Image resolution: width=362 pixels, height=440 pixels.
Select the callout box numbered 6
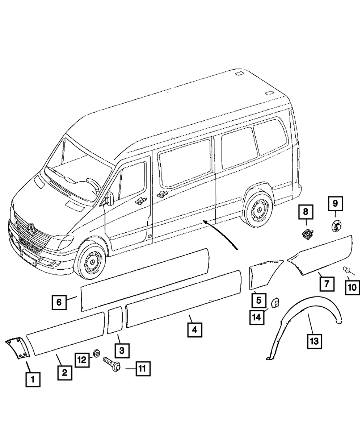click(59, 302)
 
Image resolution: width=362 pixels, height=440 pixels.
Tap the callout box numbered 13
click(315, 341)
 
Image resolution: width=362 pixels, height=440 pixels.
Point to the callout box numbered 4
click(194, 330)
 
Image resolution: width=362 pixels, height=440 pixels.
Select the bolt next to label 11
click(110, 364)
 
